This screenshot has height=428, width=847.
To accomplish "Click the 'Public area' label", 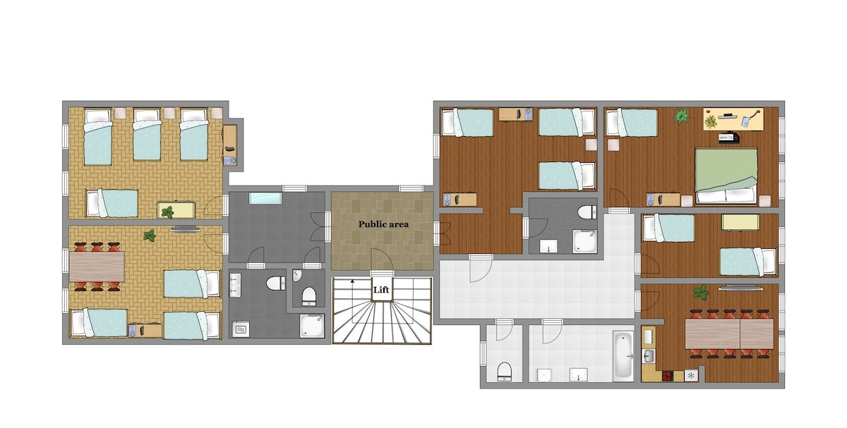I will (383, 224).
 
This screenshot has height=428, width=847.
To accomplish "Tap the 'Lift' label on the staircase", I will (382, 289).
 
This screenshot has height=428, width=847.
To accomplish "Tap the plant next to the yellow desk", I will (681, 116).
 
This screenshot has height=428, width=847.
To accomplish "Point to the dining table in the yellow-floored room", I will (97, 267).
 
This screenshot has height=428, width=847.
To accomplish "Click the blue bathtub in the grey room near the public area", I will (265, 198).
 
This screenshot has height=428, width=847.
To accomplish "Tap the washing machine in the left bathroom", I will (240, 329).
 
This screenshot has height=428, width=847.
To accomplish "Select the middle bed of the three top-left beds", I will (147, 139).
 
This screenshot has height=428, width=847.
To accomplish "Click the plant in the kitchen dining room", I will (700, 292).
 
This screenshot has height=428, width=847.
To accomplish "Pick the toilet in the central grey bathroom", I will (586, 212).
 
